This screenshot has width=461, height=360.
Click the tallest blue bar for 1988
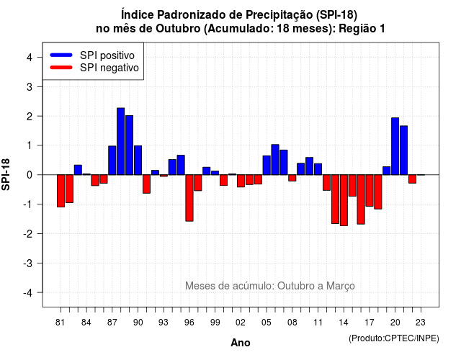click(x=120, y=141)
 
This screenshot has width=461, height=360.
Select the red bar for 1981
click(x=61, y=191)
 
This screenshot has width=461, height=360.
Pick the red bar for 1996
click(x=189, y=198)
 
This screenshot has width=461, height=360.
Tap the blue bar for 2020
click(x=395, y=146)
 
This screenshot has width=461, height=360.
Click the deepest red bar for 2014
click(x=344, y=200)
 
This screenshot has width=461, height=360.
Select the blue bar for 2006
click(x=275, y=160)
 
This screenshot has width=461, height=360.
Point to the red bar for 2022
click(x=412, y=179)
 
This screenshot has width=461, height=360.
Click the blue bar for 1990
click(x=138, y=160)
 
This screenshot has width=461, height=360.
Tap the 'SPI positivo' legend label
click(x=107, y=55)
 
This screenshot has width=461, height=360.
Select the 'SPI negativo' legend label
click(x=109, y=68)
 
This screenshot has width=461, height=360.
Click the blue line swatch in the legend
click(x=61, y=55)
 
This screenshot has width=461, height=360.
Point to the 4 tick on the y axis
click(x=29, y=58)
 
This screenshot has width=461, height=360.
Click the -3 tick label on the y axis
click(x=27, y=264)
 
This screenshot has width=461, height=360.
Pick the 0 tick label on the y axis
click(x=29, y=175)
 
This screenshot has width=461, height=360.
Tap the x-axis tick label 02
click(x=241, y=323)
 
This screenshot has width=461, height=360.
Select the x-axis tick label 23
click(x=421, y=323)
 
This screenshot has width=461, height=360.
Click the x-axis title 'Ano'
click(x=241, y=343)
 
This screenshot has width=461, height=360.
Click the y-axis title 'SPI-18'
click(x=6, y=174)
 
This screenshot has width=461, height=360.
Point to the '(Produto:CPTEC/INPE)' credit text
click(x=394, y=338)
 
